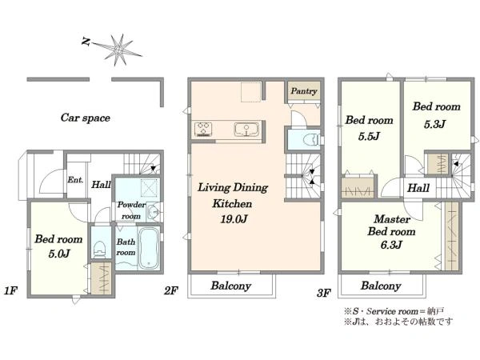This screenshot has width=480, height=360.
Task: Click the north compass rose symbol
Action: tap(118, 49)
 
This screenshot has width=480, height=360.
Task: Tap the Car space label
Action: tap(86, 118)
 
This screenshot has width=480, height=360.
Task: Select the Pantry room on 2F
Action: tap(304, 90)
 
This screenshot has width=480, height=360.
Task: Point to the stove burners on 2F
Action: tap(203, 129)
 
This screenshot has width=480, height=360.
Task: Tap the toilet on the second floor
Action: tap(310, 140)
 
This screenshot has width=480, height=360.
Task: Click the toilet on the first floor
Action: tap(99, 248)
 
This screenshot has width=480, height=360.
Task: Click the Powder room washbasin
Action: tap(153, 211)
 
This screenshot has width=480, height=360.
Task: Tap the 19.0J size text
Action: tap(234, 219)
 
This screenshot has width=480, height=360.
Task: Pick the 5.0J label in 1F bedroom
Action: tap(59, 254)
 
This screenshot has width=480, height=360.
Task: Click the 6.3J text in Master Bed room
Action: tap(391, 245)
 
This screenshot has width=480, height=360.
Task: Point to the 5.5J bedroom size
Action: tap(369, 136)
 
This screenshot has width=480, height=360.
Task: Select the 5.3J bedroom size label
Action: tap(435, 124)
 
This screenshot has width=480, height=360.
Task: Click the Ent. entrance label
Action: tap(75, 180)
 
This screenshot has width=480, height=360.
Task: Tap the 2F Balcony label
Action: tap(231, 286)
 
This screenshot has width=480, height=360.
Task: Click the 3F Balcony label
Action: tap(381, 286)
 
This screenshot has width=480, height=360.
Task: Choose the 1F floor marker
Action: tap(10, 291)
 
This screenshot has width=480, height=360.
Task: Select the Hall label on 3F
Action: tap(418, 188)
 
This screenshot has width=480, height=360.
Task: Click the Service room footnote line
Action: tap(394, 312)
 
